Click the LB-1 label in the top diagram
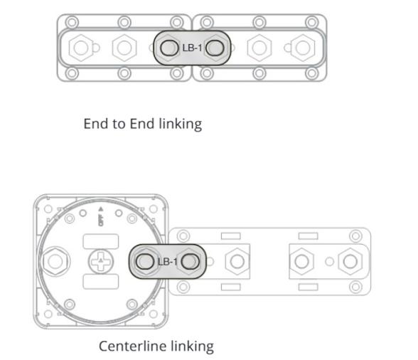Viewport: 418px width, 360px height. coord(192,48)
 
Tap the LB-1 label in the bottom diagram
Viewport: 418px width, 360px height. coord(167,261)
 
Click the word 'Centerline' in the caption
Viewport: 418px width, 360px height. coord(132,346)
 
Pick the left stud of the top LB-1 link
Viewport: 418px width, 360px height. coord(168,48)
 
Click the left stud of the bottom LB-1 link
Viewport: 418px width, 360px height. coord(144,261)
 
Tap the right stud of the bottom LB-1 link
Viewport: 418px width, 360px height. coord(189,261)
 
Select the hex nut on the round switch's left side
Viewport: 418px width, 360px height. coord(53,261)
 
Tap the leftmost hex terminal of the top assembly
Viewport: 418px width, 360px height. coord(80,48)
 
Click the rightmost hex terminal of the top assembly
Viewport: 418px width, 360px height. coord(304,48)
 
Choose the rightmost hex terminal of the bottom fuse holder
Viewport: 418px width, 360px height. coord(348,261)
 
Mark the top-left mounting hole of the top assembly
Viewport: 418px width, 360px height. coord(71,22)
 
